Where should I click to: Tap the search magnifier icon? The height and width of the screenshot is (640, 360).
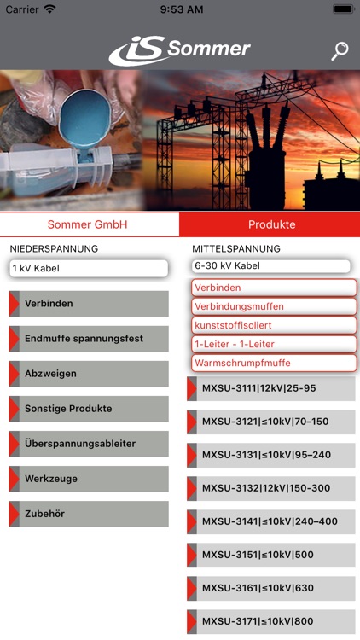pos(340,51)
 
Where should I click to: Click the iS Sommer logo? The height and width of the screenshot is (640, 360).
pos(180,50)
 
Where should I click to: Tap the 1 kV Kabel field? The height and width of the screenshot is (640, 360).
pos(89,268)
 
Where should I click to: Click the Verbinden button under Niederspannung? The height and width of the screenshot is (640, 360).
pos(89,304)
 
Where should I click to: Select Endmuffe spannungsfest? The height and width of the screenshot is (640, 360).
pos(89,339)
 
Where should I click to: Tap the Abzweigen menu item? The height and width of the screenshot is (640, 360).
pos(89,374)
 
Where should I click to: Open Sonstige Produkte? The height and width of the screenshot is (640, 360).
pos(89,409)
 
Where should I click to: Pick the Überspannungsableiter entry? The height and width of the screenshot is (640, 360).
pos(89,444)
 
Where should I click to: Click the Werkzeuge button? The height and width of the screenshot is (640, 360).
pos(89,479)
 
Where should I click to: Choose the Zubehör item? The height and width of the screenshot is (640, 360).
pos(89,514)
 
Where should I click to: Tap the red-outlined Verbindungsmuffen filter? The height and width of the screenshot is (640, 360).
pos(274,306)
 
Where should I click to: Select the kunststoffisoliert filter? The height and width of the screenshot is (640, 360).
pos(274,325)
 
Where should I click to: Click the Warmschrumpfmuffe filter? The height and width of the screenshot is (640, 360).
pos(274,363)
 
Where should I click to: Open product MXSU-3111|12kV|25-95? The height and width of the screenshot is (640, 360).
pos(271,388)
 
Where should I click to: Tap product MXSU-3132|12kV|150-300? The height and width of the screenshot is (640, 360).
pos(271,488)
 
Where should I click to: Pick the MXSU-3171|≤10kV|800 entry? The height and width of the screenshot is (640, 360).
pos(271,621)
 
